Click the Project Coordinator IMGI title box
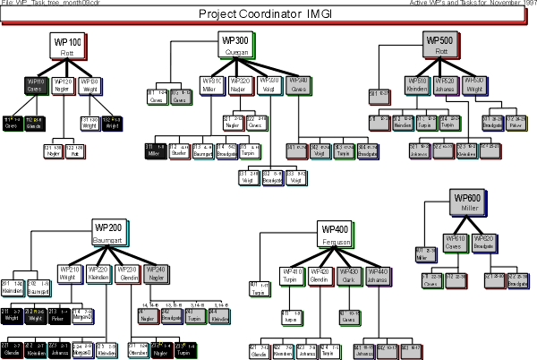(x=268, y=15)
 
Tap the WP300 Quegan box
(x=236, y=44)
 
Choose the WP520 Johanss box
(x=445, y=85)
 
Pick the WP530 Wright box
(x=474, y=85)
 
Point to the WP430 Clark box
(x=348, y=276)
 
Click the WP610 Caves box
(x=456, y=244)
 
